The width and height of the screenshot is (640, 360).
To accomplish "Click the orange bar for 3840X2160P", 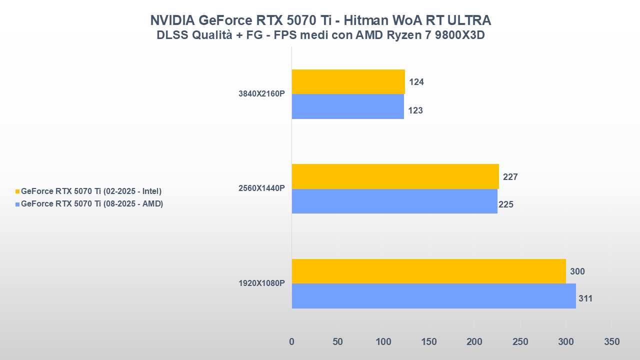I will coord(348,81).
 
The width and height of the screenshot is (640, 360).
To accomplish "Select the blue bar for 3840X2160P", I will coord(347,106).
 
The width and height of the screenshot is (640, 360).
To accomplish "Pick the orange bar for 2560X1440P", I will coord(395,176).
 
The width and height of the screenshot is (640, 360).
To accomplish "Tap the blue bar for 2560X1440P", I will coord(394,201).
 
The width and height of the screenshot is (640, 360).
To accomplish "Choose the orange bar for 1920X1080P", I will coord(428,271).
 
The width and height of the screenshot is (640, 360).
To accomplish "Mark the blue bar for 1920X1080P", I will coord(433,296).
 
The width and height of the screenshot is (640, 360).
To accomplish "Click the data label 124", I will coord(416,82).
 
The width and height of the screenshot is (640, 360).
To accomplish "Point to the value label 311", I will coord(585,299).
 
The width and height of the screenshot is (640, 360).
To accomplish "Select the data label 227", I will coord(510,177).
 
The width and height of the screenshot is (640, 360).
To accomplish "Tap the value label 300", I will coord(577,271).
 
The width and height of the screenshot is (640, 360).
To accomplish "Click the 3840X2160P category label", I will coord(261,93).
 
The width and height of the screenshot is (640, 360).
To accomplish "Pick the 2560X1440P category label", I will coord(261,188).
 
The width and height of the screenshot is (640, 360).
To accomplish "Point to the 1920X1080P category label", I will coord(261,283).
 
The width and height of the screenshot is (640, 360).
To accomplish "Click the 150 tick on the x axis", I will coord(429,342).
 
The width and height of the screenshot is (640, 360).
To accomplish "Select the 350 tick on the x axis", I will coord(611,342).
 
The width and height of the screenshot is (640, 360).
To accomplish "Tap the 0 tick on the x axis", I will coord(292,342).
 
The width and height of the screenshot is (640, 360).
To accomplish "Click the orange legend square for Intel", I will coord(17,191).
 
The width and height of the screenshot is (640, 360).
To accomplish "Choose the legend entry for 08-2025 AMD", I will coord(92,204).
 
